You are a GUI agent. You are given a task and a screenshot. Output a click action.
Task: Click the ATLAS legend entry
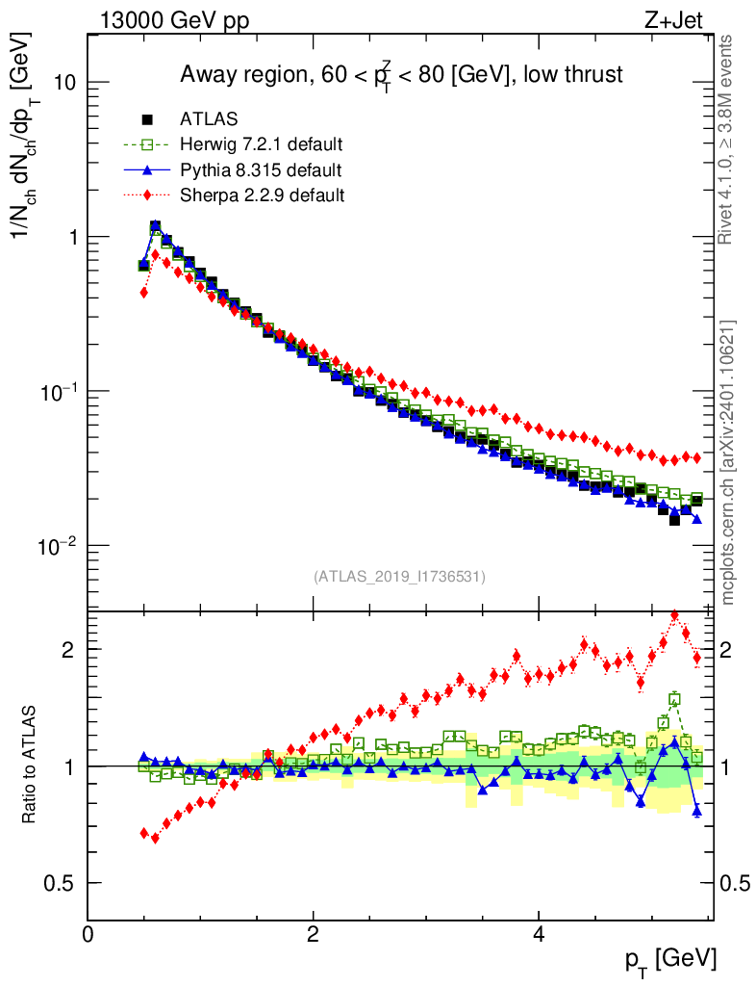(209, 119)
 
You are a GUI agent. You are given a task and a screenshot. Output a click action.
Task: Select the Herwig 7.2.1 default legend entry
(261, 145)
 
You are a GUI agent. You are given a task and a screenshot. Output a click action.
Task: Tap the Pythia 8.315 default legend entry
(260, 170)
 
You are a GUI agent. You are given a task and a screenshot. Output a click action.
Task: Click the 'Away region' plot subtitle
(401, 75)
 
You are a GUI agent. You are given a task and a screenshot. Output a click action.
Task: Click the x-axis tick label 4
(538, 933)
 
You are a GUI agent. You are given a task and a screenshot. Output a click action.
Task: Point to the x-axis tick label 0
(88, 933)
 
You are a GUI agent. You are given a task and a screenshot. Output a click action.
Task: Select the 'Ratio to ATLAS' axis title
(30, 765)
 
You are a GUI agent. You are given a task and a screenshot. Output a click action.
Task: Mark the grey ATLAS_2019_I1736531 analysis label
(399, 577)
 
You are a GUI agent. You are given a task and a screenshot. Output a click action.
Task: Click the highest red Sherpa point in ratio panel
(674, 614)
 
